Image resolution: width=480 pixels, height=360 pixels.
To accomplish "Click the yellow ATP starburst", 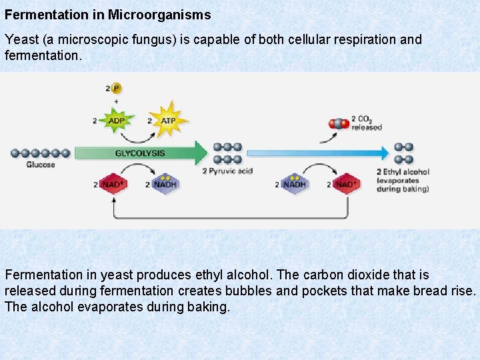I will click(x=168, y=121).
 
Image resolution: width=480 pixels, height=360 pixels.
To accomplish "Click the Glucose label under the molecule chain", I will click(x=41, y=165).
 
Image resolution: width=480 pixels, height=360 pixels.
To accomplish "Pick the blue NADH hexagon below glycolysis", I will click(x=165, y=184).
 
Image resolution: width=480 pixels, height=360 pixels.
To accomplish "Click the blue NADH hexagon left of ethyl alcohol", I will click(x=294, y=184).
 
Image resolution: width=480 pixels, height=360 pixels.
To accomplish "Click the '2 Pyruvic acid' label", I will click(x=227, y=171).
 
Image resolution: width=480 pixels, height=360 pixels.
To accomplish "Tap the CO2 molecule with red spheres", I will click(x=339, y=123).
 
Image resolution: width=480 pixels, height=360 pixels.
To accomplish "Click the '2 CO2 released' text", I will click(x=366, y=123).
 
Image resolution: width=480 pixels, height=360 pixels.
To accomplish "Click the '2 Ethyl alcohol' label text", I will click(x=403, y=171).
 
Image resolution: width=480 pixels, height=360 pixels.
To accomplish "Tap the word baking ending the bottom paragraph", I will click(x=209, y=307).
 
